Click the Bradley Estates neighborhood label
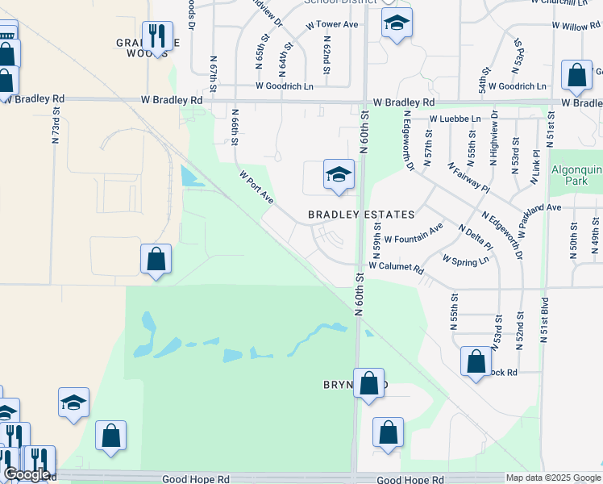pos(361,215)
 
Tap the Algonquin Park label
pos(574,176)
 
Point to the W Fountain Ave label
pos(414,234)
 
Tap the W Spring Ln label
pos(466,261)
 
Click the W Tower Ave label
pos(332,25)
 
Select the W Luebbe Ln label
pos(455,119)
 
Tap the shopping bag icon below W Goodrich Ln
pos(577,77)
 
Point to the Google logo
pos(27,474)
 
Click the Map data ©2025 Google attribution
pos(553,478)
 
